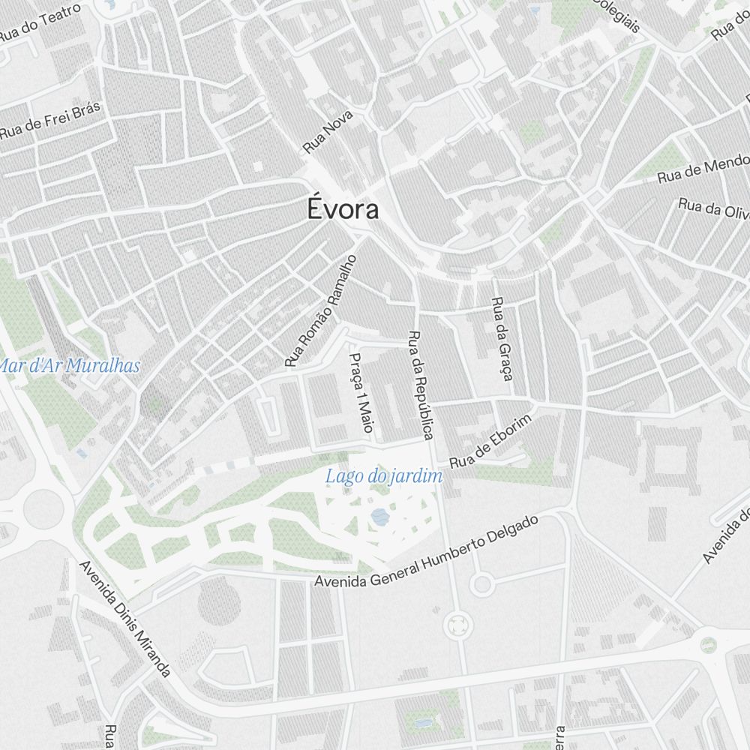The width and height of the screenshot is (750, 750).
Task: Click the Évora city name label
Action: [343, 209]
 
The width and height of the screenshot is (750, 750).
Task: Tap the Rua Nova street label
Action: [328, 133]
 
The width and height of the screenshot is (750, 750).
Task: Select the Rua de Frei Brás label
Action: [49, 120]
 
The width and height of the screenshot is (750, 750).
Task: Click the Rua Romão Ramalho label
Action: [320, 310]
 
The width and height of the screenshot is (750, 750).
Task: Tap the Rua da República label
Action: [421, 384]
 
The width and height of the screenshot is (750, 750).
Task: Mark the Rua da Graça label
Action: [501, 338]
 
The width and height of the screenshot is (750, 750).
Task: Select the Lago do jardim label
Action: [384, 475]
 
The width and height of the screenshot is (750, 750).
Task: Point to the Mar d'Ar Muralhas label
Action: [70, 366]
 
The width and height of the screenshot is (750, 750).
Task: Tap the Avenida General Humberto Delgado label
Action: [427, 551]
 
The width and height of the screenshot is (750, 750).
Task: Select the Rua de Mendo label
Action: [703, 168]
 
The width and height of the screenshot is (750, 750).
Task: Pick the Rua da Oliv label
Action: [713, 206]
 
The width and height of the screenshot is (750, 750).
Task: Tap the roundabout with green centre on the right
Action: [707, 643]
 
